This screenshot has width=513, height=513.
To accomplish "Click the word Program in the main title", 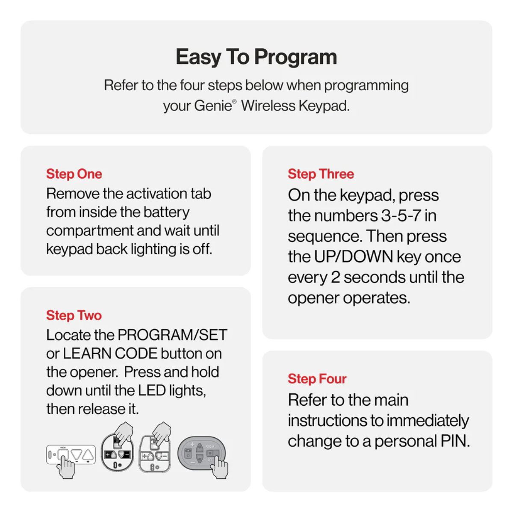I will tap(296, 57).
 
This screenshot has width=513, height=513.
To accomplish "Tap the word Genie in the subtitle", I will tap(212, 106).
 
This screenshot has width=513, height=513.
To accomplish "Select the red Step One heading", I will tap(74, 174).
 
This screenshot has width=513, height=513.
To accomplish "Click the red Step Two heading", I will tap(74, 315).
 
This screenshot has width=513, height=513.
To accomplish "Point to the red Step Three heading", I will tap(321, 174).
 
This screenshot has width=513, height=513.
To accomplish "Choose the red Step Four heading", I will tap(317, 379).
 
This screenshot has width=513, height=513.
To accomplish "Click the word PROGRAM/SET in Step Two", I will tap(172, 335).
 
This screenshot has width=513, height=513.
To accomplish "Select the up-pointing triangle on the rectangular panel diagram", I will tap(88, 455).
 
